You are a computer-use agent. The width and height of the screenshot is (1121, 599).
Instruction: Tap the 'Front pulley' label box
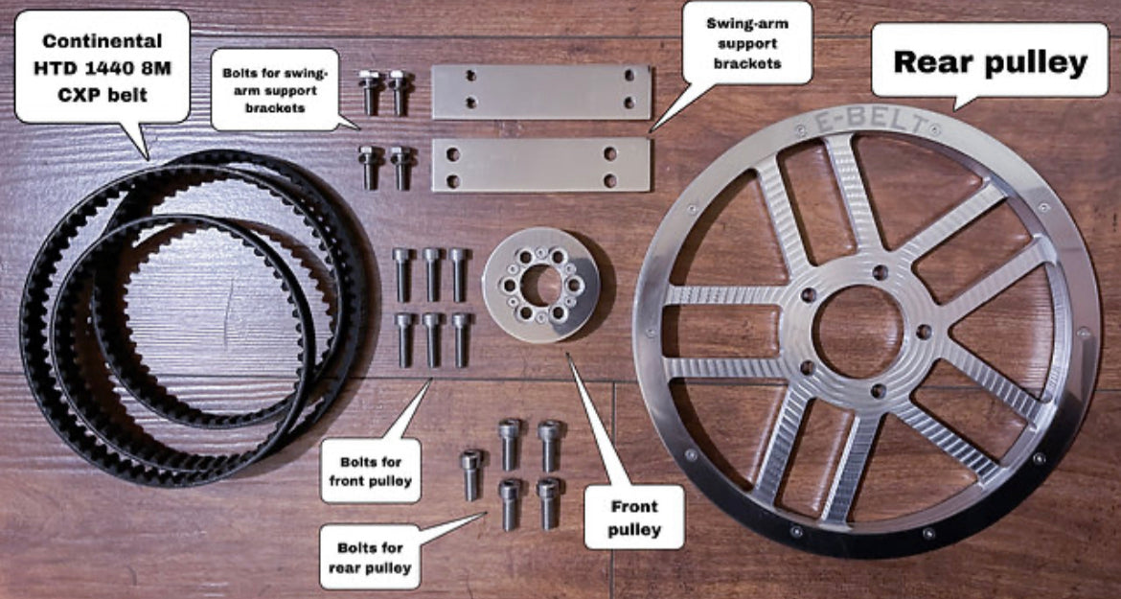pyautogui.click(x=634, y=517)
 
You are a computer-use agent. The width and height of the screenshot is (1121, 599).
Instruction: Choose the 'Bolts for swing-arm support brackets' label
pyautogui.click(x=274, y=89)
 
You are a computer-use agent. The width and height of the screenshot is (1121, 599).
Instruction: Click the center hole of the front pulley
pyautogui.click(x=541, y=285)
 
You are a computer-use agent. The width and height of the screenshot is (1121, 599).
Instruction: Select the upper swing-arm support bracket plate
pyautogui.click(x=540, y=92)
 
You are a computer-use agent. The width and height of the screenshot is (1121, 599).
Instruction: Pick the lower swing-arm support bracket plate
pyautogui.click(x=540, y=164)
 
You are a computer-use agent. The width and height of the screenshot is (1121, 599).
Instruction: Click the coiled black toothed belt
pyautogui.click(x=57, y=316)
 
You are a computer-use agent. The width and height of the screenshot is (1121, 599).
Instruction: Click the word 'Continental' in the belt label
pyautogui.click(x=102, y=41)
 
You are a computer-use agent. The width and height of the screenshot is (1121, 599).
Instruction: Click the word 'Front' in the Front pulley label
pyautogui.click(x=634, y=506)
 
